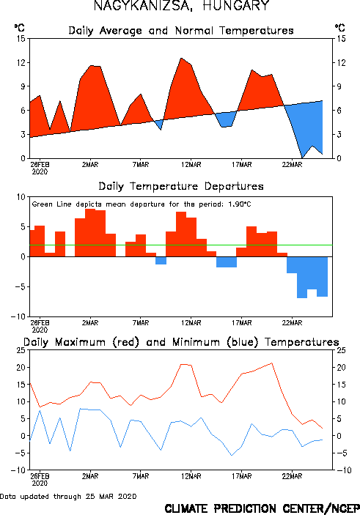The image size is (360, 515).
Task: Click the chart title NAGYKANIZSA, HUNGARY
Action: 182,5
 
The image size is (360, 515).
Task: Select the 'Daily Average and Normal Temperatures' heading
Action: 181,31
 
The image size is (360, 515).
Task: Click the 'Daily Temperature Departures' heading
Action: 181,187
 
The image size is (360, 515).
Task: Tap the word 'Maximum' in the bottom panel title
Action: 80,342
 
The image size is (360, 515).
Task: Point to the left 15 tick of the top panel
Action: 21,39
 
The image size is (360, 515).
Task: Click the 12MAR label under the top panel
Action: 191,165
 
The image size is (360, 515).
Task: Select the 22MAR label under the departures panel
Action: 292,323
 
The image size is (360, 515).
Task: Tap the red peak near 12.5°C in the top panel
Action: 181,59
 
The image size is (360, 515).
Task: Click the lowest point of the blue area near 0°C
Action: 303,158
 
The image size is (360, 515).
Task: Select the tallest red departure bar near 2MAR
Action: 90,232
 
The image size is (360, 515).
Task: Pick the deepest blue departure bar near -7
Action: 302,277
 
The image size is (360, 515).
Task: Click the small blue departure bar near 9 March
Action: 161,261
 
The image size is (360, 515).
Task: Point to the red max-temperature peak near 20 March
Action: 272,363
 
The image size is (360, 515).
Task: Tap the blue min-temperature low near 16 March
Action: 232,455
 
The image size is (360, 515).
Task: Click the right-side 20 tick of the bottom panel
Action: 341,368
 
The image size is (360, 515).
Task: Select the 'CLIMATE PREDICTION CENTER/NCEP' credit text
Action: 262,508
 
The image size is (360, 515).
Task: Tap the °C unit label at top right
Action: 340,27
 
